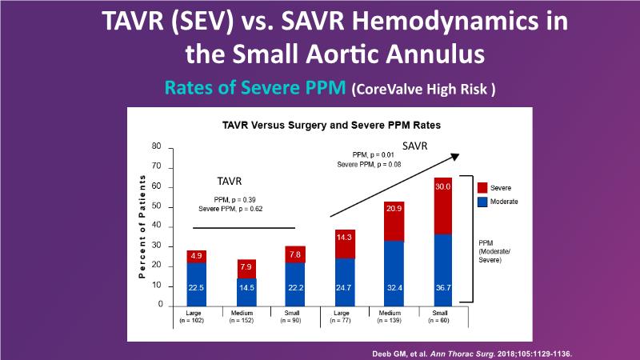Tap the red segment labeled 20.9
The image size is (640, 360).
click(393, 221)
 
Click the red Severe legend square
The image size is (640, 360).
click(482, 186)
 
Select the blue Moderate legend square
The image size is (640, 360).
click(482, 202)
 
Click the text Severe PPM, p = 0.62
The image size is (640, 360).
click(231, 209)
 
